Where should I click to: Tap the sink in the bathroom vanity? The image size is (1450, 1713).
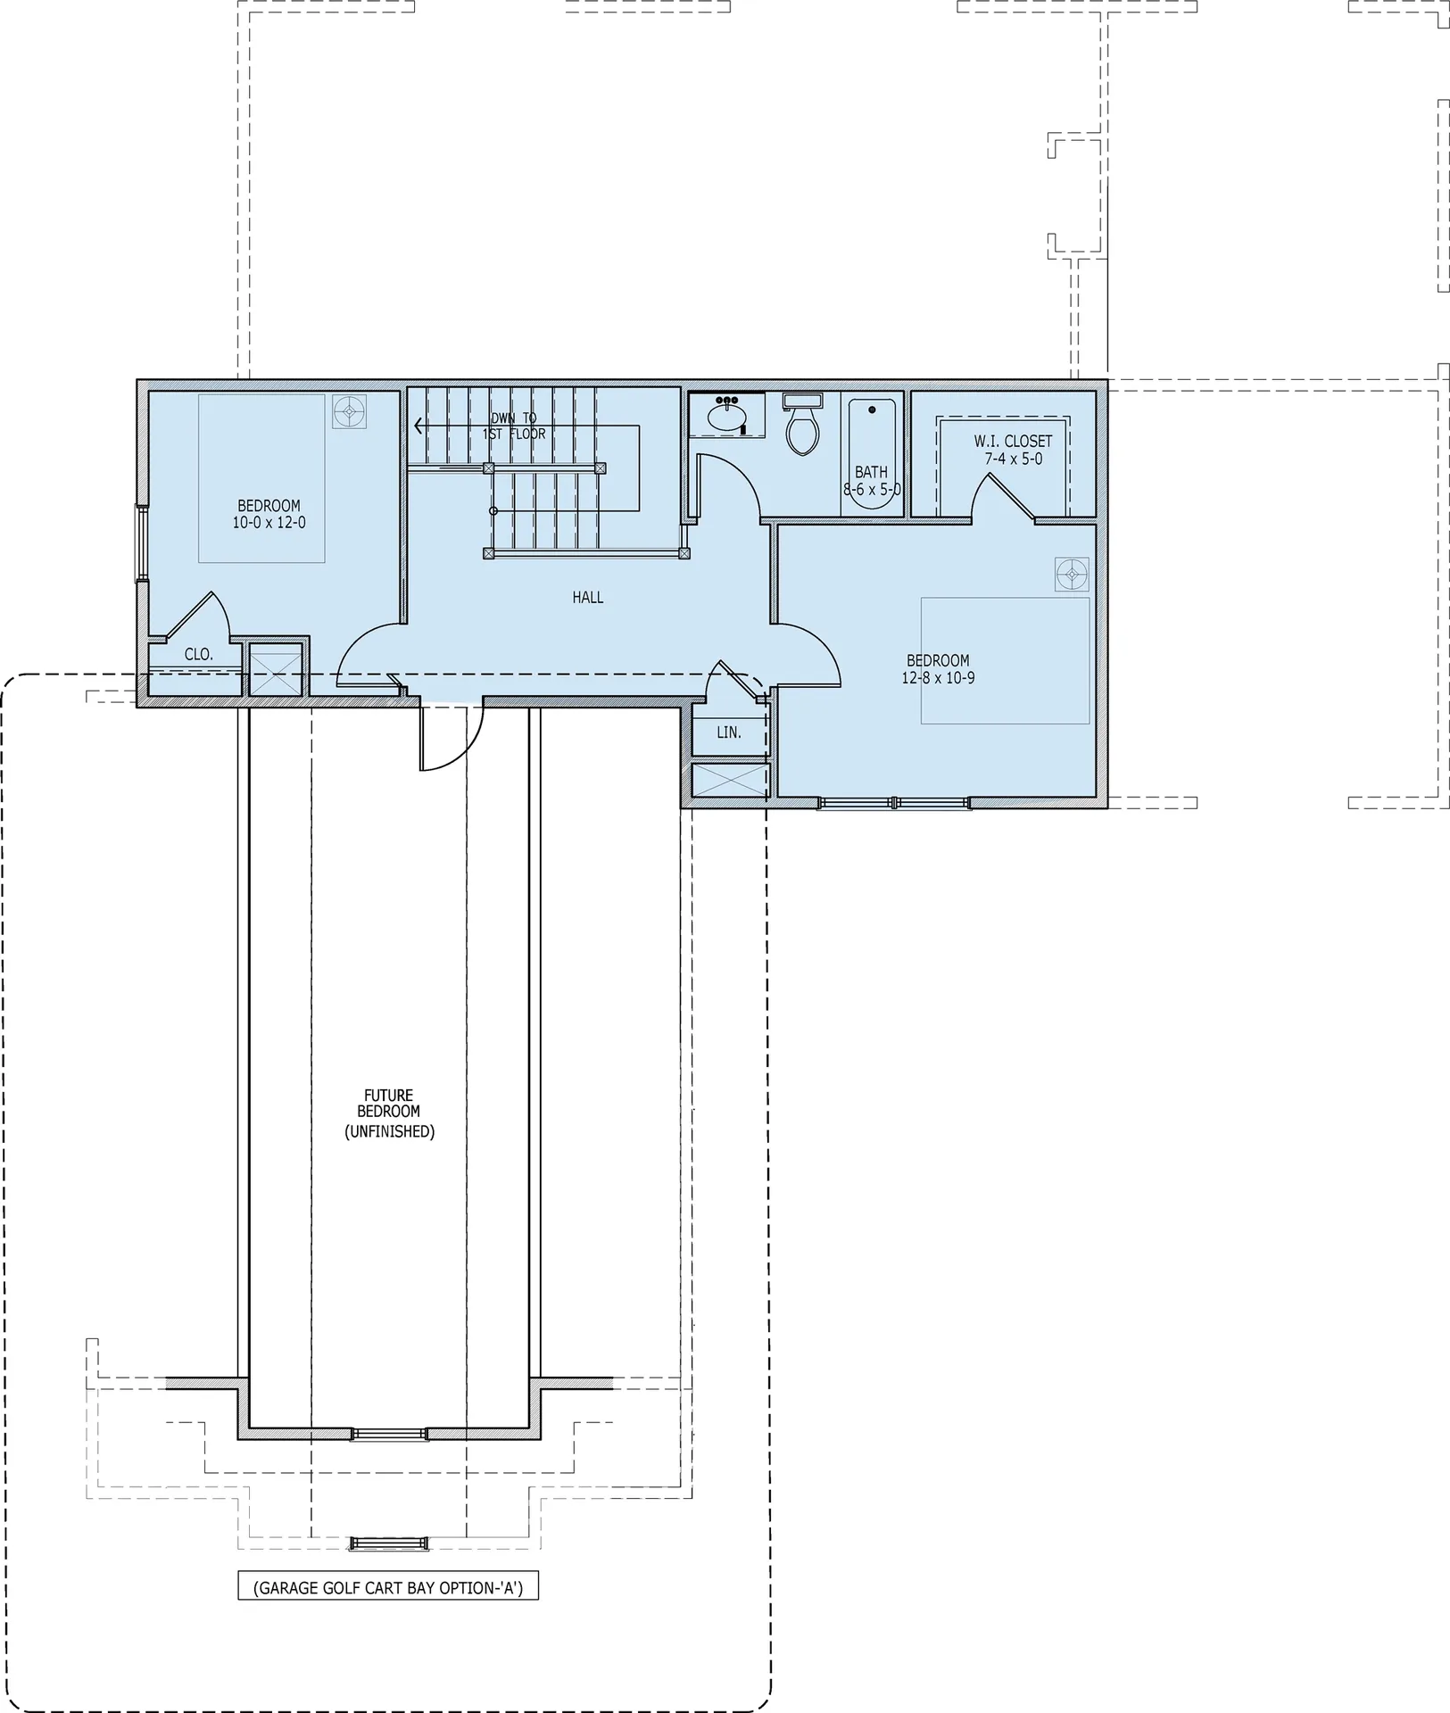point(726,417)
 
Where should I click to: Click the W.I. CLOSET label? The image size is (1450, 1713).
point(1013,442)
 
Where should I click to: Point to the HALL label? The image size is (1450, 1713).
point(588,598)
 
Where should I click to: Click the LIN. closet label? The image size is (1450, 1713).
point(729,732)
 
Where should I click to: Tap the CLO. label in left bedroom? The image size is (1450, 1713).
point(199,655)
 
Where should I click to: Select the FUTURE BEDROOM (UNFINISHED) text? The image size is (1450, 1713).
point(389,1113)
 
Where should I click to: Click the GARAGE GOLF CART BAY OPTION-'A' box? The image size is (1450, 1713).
point(388,1587)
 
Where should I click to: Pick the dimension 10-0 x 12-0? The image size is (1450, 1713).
point(269,523)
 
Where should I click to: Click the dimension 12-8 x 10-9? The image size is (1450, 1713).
point(938,678)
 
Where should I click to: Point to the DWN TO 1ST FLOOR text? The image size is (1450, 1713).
point(514,426)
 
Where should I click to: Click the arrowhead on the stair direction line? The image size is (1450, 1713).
point(418,426)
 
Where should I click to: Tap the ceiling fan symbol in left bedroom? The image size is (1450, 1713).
point(350,412)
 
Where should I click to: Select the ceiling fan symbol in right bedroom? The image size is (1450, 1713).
point(1071,575)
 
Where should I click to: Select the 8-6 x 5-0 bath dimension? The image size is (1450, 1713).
point(872,490)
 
